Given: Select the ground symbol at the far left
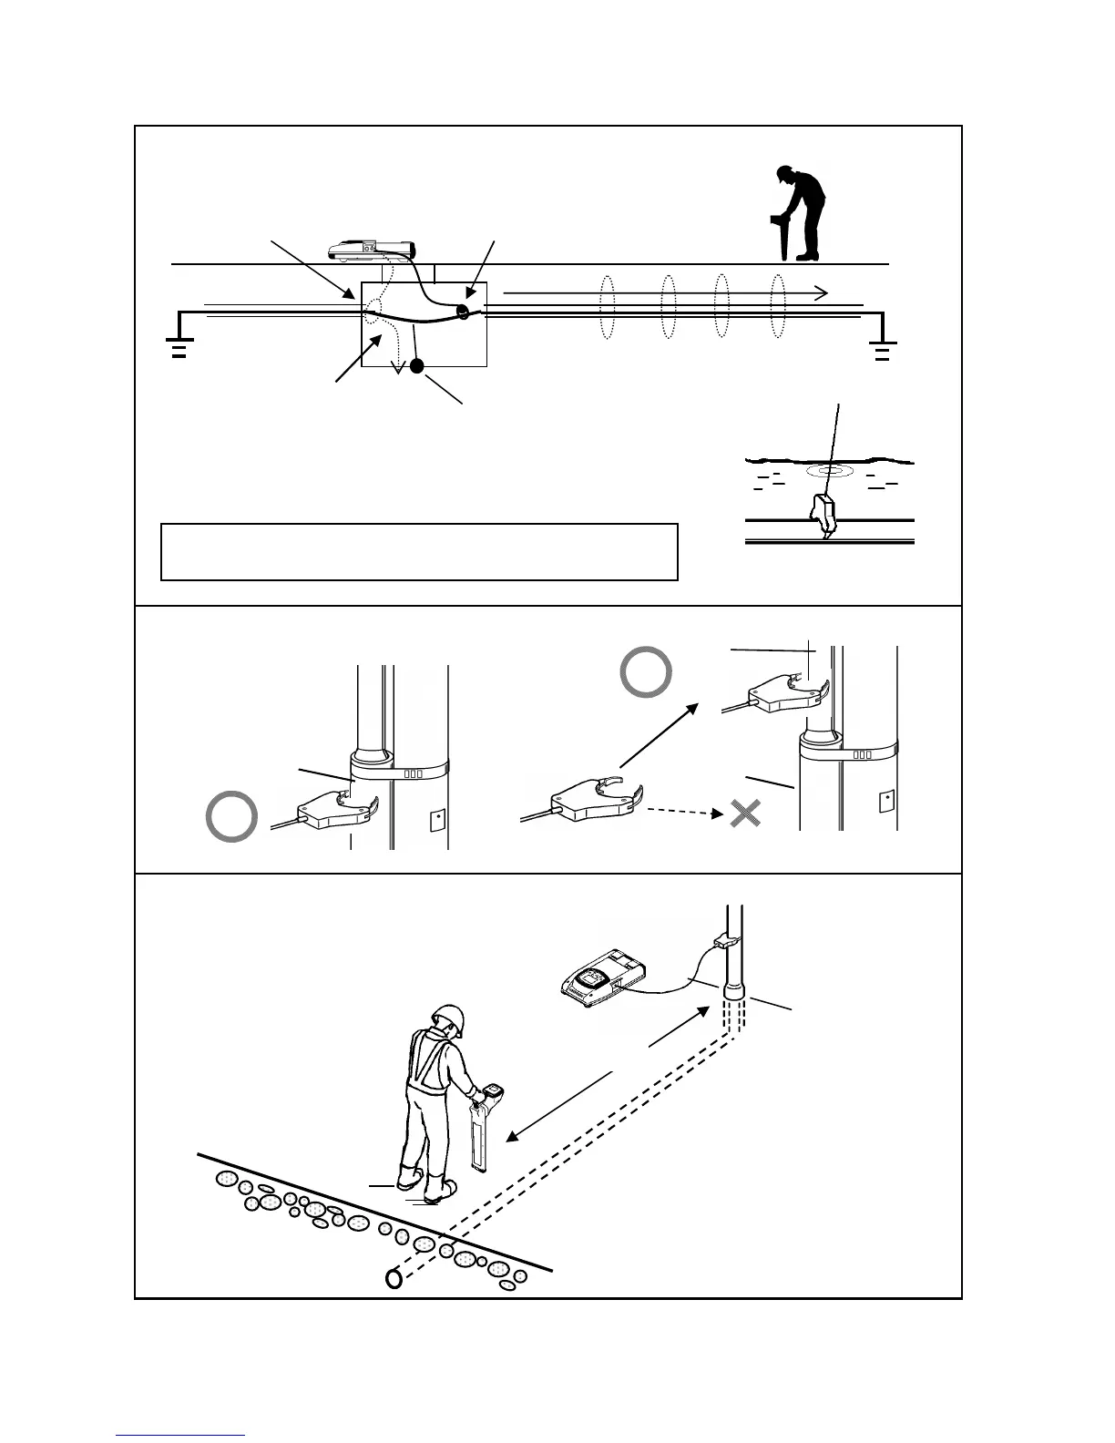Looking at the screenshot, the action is [x=179, y=349].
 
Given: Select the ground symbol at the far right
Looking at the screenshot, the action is [x=882, y=351].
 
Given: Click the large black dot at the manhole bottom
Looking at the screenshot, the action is [x=417, y=366].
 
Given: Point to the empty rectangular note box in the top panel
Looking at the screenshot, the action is [x=419, y=552].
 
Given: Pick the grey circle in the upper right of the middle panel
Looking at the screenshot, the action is [x=646, y=672].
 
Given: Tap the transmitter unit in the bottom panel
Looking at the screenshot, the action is [x=603, y=980].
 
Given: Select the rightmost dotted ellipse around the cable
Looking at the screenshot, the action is [x=778, y=306].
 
